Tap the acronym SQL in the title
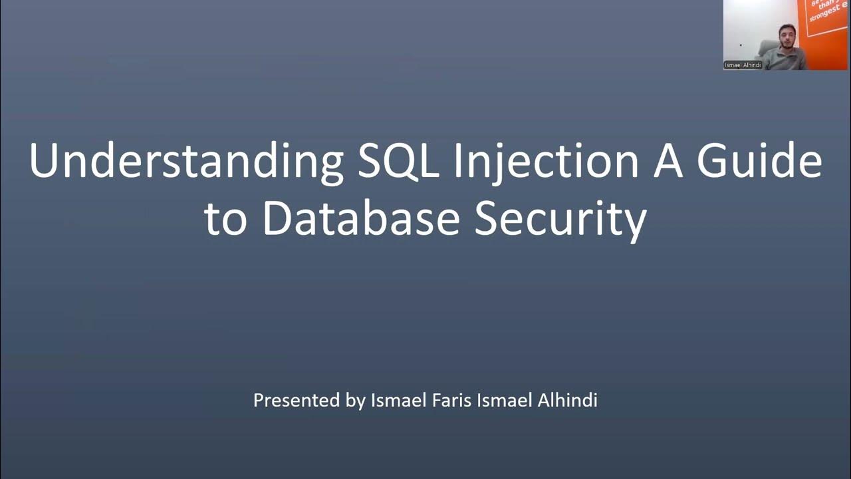coord(398,162)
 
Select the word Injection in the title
coord(547,162)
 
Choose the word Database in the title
coord(361,220)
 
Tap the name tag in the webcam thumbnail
coord(743,65)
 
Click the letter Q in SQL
coord(399,162)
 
